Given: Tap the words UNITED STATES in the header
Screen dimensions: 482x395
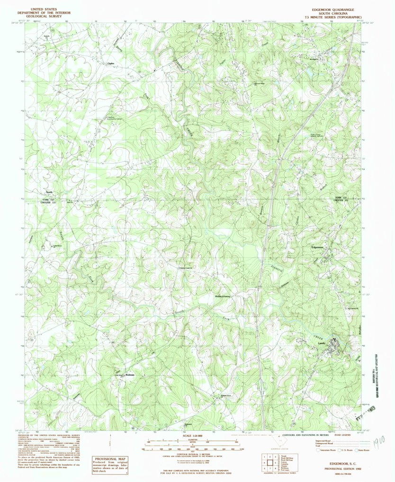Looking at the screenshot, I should pos(44,9).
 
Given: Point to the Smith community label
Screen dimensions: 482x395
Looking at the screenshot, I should pos(49,192).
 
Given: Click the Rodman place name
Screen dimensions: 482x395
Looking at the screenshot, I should pos(130,375).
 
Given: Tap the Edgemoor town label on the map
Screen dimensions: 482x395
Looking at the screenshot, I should pos(317,247).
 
